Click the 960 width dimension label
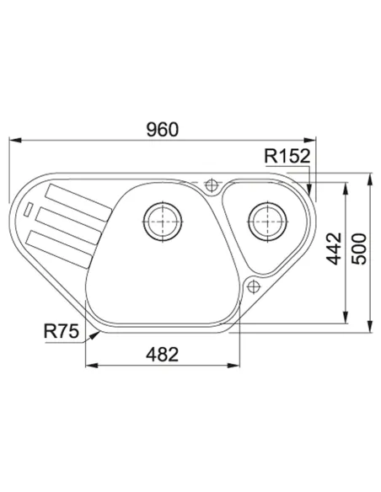coord(163,129)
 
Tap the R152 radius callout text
coord(287,156)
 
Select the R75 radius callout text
coord(62,331)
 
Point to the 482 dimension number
coord(162,354)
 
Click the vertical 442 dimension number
coord(333,249)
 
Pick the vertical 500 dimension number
coord(359,249)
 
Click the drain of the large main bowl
coord(163,222)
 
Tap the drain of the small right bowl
coord(267,222)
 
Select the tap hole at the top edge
coord(212,184)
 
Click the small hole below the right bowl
coord(253,286)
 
